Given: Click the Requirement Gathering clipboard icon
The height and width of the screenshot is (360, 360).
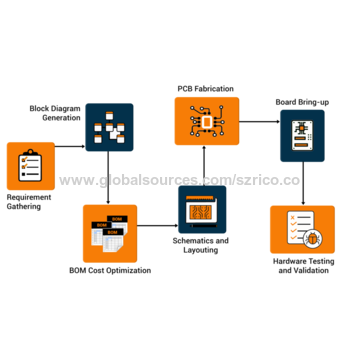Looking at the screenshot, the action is click(x=31, y=166).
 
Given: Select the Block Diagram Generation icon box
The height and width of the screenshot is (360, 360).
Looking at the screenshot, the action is click(x=108, y=128).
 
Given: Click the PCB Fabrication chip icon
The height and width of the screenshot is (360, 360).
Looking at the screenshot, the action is click(x=208, y=122).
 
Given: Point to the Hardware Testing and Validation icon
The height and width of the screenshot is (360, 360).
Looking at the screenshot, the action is click(x=302, y=231).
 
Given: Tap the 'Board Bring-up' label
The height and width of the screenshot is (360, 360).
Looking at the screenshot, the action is click(x=302, y=101).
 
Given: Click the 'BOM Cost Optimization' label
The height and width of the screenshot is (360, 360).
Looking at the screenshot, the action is click(x=110, y=271).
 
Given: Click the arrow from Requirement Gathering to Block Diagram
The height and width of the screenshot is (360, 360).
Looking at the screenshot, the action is click(x=70, y=147).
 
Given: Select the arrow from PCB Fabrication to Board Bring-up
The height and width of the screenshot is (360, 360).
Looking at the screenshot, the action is click(x=258, y=122).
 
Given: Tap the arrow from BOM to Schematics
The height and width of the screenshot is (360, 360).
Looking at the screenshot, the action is click(x=156, y=226).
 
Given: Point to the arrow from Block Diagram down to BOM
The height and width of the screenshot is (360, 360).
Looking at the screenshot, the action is click(x=108, y=180).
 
